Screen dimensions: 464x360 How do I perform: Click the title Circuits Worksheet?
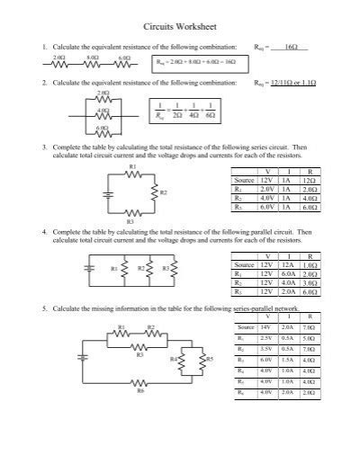click(180, 27)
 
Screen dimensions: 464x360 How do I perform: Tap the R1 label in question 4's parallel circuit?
click(113, 267)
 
